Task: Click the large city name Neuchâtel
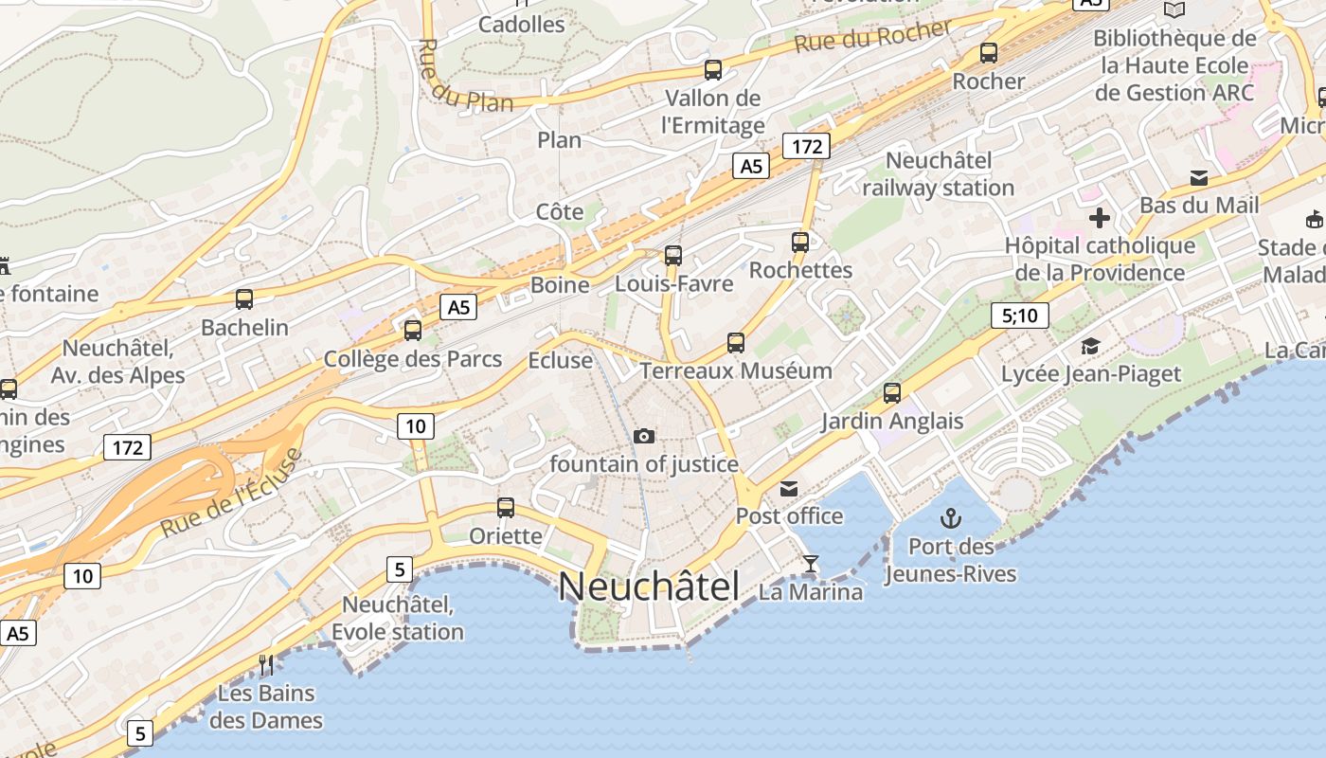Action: pyautogui.click(x=649, y=587)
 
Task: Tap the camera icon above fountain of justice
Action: pyautogui.click(x=644, y=436)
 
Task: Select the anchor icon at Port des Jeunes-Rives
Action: pyautogui.click(x=950, y=518)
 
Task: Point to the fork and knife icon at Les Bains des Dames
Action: pyautogui.click(x=266, y=665)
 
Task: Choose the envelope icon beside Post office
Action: pyautogui.click(x=788, y=489)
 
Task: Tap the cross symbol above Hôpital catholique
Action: pyautogui.click(x=1099, y=219)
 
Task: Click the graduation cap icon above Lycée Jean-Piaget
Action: pyautogui.click(x=1091, y=347)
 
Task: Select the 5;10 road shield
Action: pyautogui.click(x=1019, y=316)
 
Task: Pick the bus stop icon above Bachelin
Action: pyautogui.click(x=244, y=299)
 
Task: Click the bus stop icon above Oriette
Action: pyautogui.click(x=506, y=508)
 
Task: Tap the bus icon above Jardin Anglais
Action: pyautogui.click(x=891, y=392)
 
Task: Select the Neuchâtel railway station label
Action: pyautogui.click(x=938, y=173)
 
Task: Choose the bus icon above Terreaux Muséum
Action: pyautogui.click(x=736, y=343)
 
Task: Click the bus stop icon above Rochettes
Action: pyautogui.click(x=800, y=243)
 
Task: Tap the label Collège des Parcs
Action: pyautogui.click(x=412, y=359)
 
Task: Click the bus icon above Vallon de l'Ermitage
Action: pyautogui.click(x=713, y=70)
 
